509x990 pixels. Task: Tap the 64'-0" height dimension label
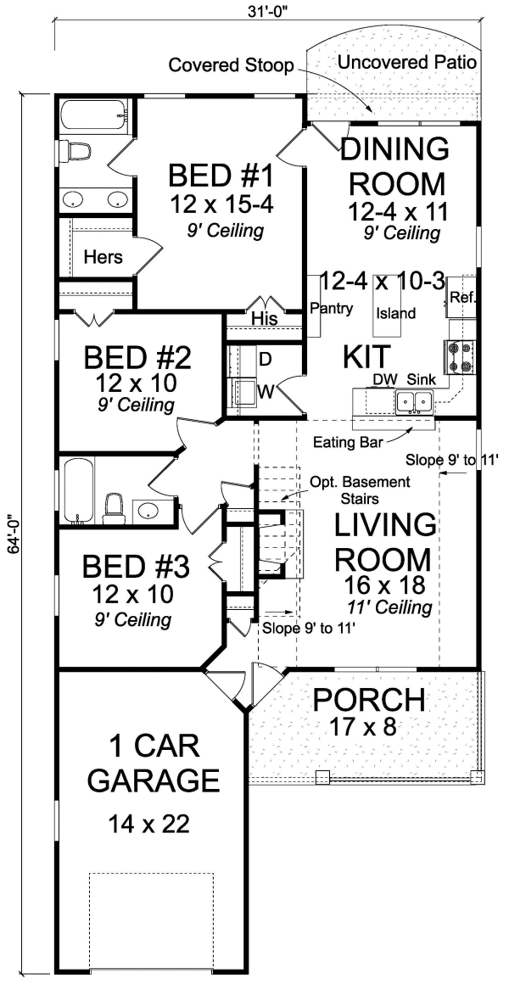12,531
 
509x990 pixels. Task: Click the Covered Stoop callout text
230,65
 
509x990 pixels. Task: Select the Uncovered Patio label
406,62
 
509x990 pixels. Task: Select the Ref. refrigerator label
462,298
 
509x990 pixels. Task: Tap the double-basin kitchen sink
416,400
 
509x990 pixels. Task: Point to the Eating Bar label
345,442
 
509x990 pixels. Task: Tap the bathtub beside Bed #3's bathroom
75,489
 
